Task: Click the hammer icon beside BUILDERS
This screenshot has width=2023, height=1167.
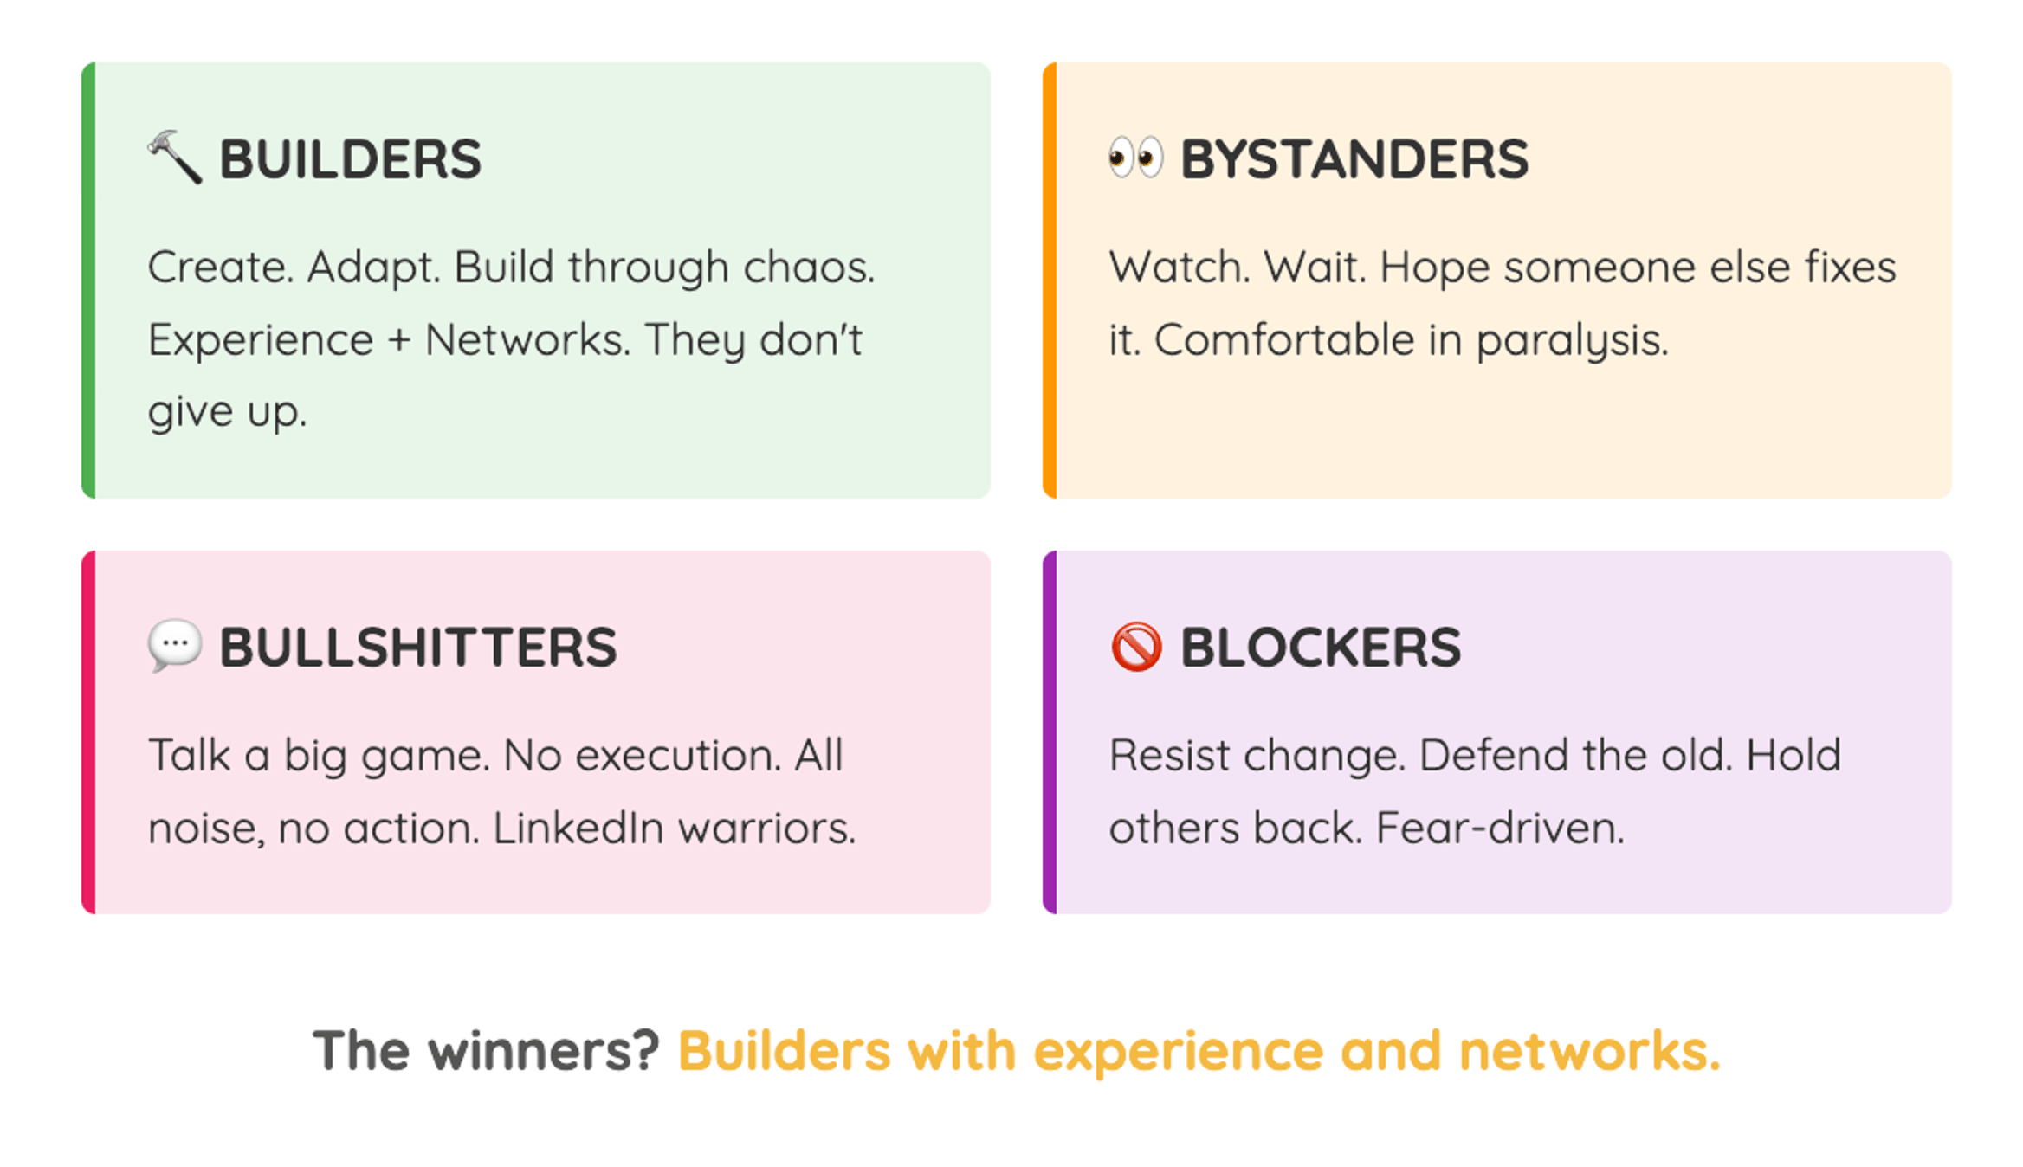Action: (175, 158)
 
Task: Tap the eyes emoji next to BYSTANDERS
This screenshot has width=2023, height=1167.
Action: (1135, 158)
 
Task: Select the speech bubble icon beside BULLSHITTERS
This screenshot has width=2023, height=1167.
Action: (175, 646)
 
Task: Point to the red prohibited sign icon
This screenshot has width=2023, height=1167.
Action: (1136, 647)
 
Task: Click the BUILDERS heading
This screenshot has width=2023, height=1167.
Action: (350, 159)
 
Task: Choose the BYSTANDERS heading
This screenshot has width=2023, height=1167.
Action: (1354, 159)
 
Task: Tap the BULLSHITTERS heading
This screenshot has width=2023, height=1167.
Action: (418, 648)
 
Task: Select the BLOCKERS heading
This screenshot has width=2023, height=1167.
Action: (1321, 648)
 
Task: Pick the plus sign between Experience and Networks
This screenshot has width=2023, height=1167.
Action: (398, 340)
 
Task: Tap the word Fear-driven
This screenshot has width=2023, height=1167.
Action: (1500, 829)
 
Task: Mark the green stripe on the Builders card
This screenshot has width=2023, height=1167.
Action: (88, 280)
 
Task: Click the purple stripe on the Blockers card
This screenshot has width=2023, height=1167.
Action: (1050, 732)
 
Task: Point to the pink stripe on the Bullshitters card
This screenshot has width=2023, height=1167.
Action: (88, 732)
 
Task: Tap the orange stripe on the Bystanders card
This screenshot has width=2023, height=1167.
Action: (1050, 280)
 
